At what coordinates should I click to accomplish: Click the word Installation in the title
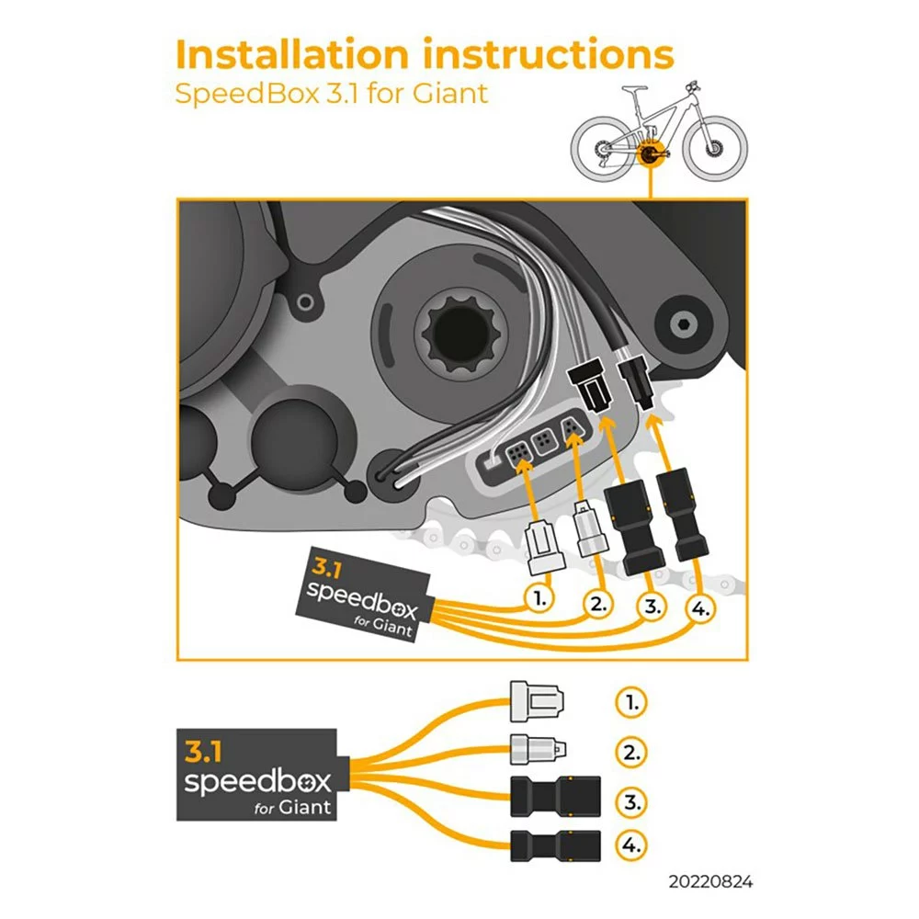tap(292, 54)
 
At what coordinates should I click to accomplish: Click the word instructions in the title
tap(548, 54)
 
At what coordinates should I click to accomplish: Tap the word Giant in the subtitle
tap(450, 94)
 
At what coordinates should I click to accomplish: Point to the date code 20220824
tap(710, 881)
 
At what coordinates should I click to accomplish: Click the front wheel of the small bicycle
tap(715, 148)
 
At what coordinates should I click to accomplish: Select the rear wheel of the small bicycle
tap(603, 149)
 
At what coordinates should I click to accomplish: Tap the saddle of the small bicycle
tap(635, 89)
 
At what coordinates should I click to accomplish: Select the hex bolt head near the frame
tap(684, 323)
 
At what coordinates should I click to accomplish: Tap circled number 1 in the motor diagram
tap(539, 598)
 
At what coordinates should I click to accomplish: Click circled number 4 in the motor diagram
tap(701, 609)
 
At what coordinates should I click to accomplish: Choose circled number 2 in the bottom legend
tap(631, 753)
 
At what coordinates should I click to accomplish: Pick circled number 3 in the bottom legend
tap(631, 801)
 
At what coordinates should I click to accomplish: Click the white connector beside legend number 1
tap(537, 701)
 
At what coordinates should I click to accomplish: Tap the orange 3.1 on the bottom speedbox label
tap(203, 752)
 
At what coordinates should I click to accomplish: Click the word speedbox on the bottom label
tap(258, 782)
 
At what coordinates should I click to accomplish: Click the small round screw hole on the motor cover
tap(305, 303)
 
